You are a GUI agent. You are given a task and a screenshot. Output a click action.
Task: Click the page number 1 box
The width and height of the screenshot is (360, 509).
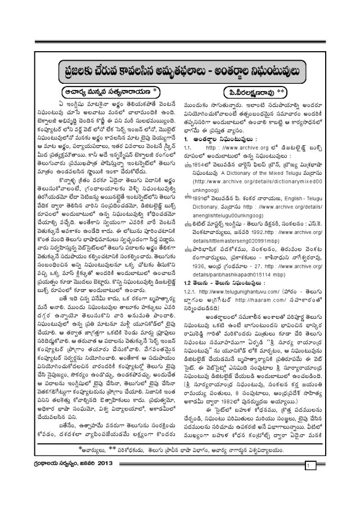tap(308, 483)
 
